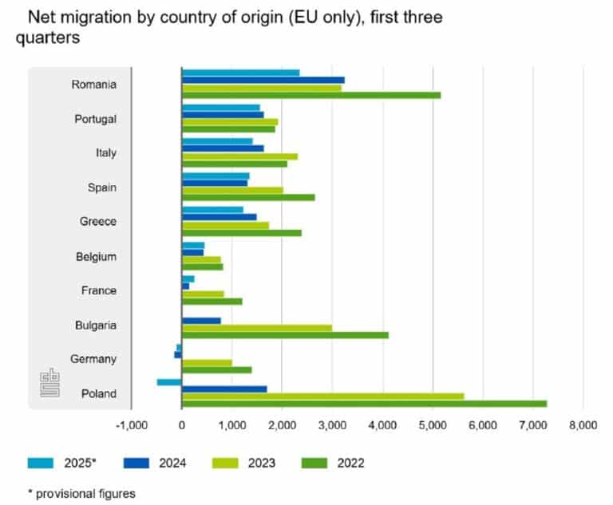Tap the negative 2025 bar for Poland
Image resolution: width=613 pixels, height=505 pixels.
[169, 382]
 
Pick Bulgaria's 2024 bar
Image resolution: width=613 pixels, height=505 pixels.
[201, 321]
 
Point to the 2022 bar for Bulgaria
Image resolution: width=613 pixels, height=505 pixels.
[285, 335]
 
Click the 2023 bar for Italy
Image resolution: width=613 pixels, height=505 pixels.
[239, 156]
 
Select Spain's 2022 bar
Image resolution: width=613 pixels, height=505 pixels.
[248, 198]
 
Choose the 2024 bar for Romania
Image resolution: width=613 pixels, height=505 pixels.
[263, 80]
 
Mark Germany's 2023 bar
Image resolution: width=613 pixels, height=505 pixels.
[207, 362]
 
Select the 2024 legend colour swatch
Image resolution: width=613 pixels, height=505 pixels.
[137, 462]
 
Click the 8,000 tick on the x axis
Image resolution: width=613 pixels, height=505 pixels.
[583, 426]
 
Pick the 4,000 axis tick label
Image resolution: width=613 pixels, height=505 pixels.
[382, 426]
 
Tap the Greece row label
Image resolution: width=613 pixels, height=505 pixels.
[98, 222]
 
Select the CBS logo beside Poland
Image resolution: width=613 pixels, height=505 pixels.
[50, 382]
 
